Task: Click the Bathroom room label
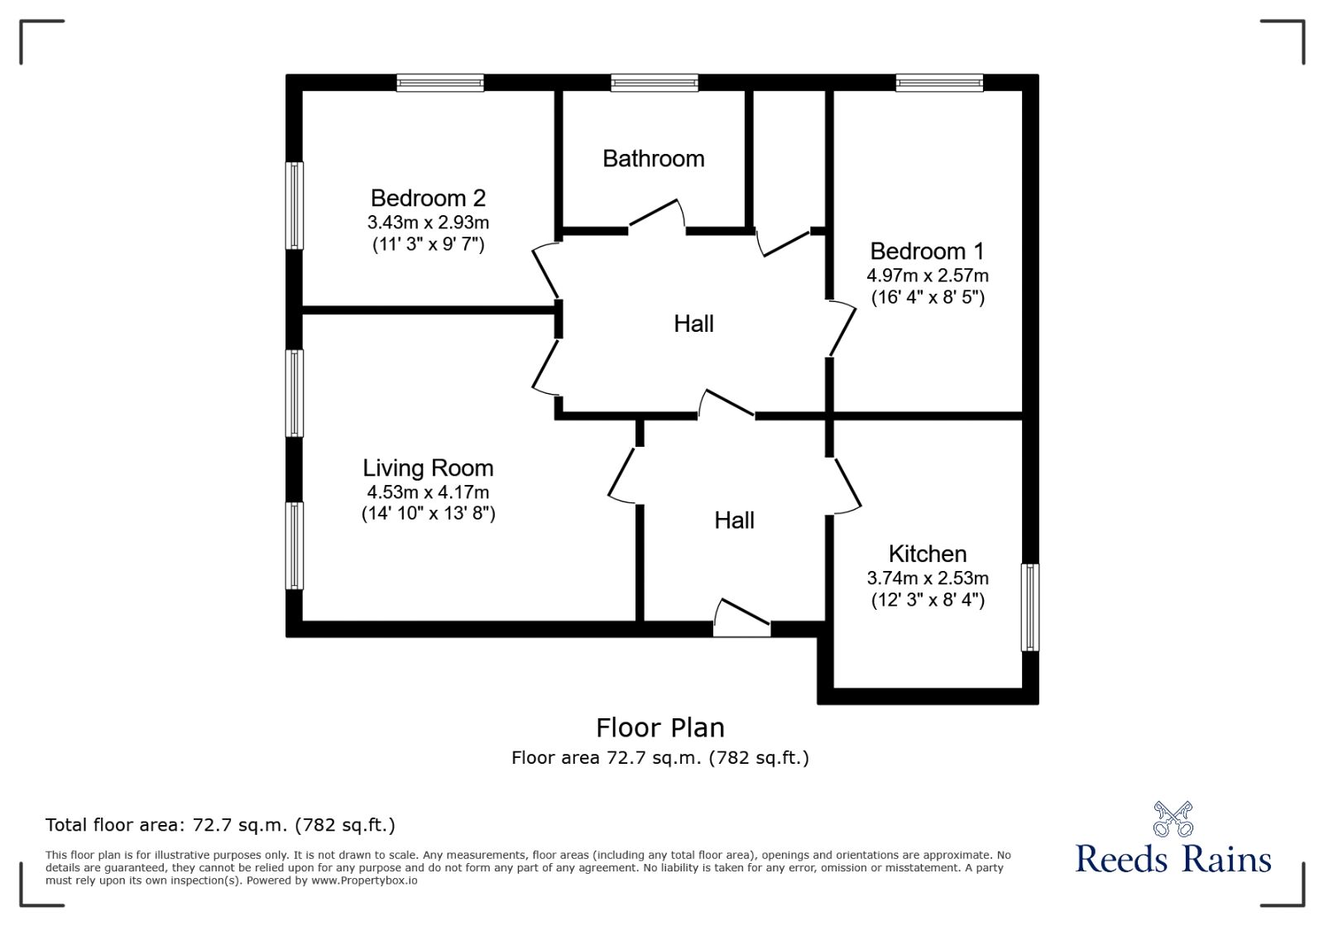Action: [x=653, y=158]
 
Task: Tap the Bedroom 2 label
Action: [x=428, y=198]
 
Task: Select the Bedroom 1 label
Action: [x=927, y=251]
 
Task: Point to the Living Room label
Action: [x=428, y=468]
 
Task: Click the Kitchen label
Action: [x=928, y=554]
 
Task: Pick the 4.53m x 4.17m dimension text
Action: [x=428, y=492]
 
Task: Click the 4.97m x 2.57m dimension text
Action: [x=928, y=276]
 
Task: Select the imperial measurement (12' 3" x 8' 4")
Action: [x=928, y=600]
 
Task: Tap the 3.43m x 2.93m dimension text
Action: [x=428, y=223]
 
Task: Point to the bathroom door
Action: [x=657, y=214]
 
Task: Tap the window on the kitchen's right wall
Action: [x=1029, y=607]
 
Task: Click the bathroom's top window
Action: [x=655, y=83]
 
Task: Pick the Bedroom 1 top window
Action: [x=939, y=83]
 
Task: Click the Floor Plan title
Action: [x=660, y=728]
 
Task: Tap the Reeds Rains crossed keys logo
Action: [x=1173, y=819]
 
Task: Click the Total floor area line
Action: [x=220, y=824]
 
